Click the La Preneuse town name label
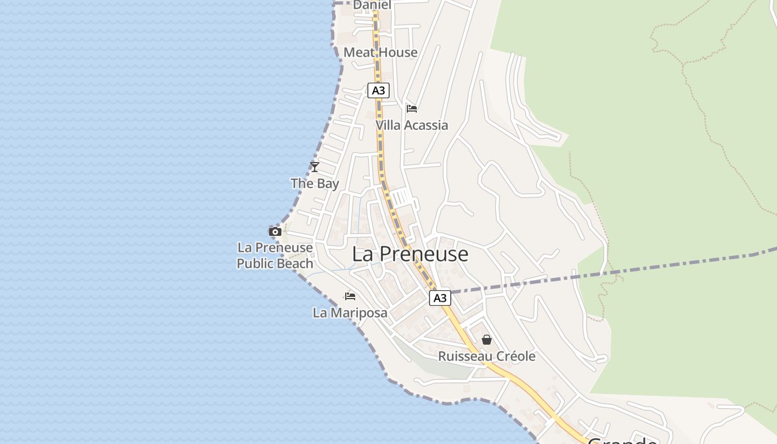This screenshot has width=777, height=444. point(410,254)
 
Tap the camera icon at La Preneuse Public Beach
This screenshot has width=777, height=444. point(275,231)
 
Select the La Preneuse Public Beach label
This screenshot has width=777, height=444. point(275,255)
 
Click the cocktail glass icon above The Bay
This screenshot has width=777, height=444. point(315,167)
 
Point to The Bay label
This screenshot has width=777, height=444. point(315,184)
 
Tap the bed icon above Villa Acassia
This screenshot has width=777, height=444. point(412,108)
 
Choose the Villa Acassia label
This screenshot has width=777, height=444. point(412,125)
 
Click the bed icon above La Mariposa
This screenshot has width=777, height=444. point(350,296)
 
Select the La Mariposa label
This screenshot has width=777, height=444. point(350,313)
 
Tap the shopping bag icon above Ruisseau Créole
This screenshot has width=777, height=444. point(487,339)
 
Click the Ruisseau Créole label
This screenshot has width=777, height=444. point(487,356)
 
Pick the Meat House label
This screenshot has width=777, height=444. point(381,53)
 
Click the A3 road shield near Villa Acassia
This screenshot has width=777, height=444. point(378,90)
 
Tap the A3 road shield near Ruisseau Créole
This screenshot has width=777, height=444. point(440,298)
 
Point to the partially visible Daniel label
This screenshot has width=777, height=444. point(372,5)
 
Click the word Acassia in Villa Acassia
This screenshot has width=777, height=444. point(426,125)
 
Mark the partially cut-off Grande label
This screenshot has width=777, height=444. point(622,440)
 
